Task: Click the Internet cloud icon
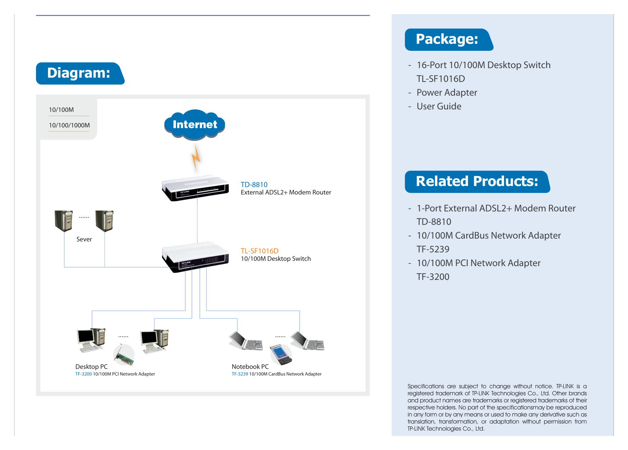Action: click(195, 125)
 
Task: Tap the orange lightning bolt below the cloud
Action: click(196, 158)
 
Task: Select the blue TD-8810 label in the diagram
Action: click(254, 185)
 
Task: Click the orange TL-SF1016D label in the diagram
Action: click(260, 251)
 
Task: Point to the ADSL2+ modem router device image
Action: click(195, 188)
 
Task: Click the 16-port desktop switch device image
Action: click(195, 257)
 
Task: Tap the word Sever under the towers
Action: click(84, 239)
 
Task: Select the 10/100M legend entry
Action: click(61, 110)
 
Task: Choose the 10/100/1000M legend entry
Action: click(69, 125)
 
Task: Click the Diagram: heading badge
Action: click(80, 73)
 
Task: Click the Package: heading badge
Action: click(449, 40)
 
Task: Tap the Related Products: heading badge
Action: click(478, 182)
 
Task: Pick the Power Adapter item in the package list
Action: click(447, 92)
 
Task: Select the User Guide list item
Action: click(439, 106)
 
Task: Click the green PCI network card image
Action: click(124, 355)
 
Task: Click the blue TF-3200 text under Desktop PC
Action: click(83, 374)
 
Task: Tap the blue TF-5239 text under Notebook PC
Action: click(240, 374)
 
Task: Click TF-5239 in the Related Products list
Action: click(433, 249)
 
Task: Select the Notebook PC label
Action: click(250, 367)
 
